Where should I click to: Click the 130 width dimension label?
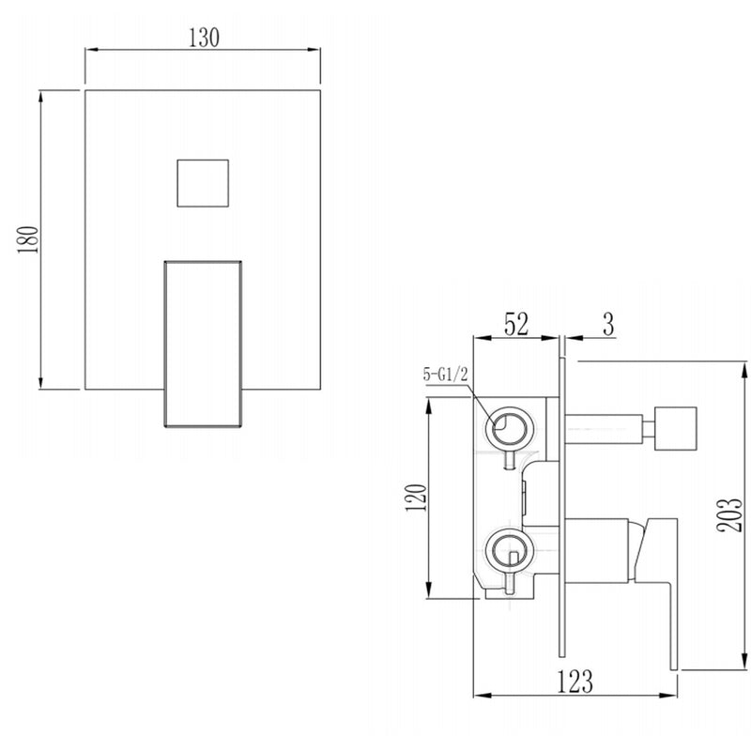point(204,38)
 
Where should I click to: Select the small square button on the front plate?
point(203,183)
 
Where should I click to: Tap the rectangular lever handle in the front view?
point(204,343)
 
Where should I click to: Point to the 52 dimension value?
point(517,324)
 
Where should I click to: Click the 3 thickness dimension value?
point(607,325)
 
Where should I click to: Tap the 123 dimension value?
point(575,682)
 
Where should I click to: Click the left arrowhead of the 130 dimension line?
point(90,52)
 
